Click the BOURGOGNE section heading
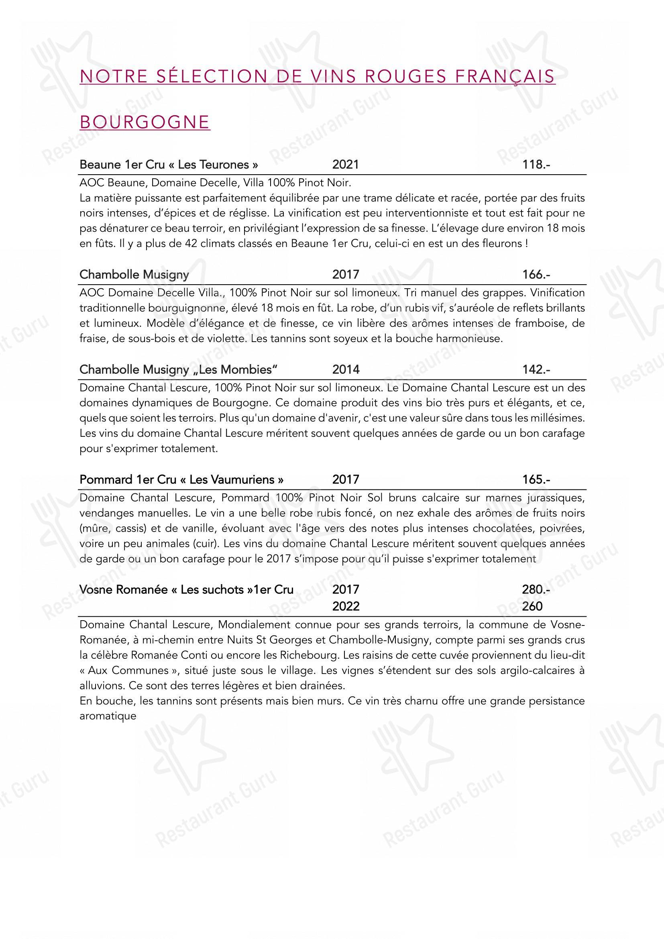145,122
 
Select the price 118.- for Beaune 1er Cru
536,165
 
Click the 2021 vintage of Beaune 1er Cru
346,165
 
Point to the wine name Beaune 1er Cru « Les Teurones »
169,165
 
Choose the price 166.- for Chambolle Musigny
536,274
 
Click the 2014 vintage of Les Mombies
346,369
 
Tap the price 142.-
536,369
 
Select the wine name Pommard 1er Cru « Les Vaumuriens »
181,479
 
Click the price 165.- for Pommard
536,479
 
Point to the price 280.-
536,589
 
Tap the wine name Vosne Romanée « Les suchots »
186,589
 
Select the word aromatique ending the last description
108,716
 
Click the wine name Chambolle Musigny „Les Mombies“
179,369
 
